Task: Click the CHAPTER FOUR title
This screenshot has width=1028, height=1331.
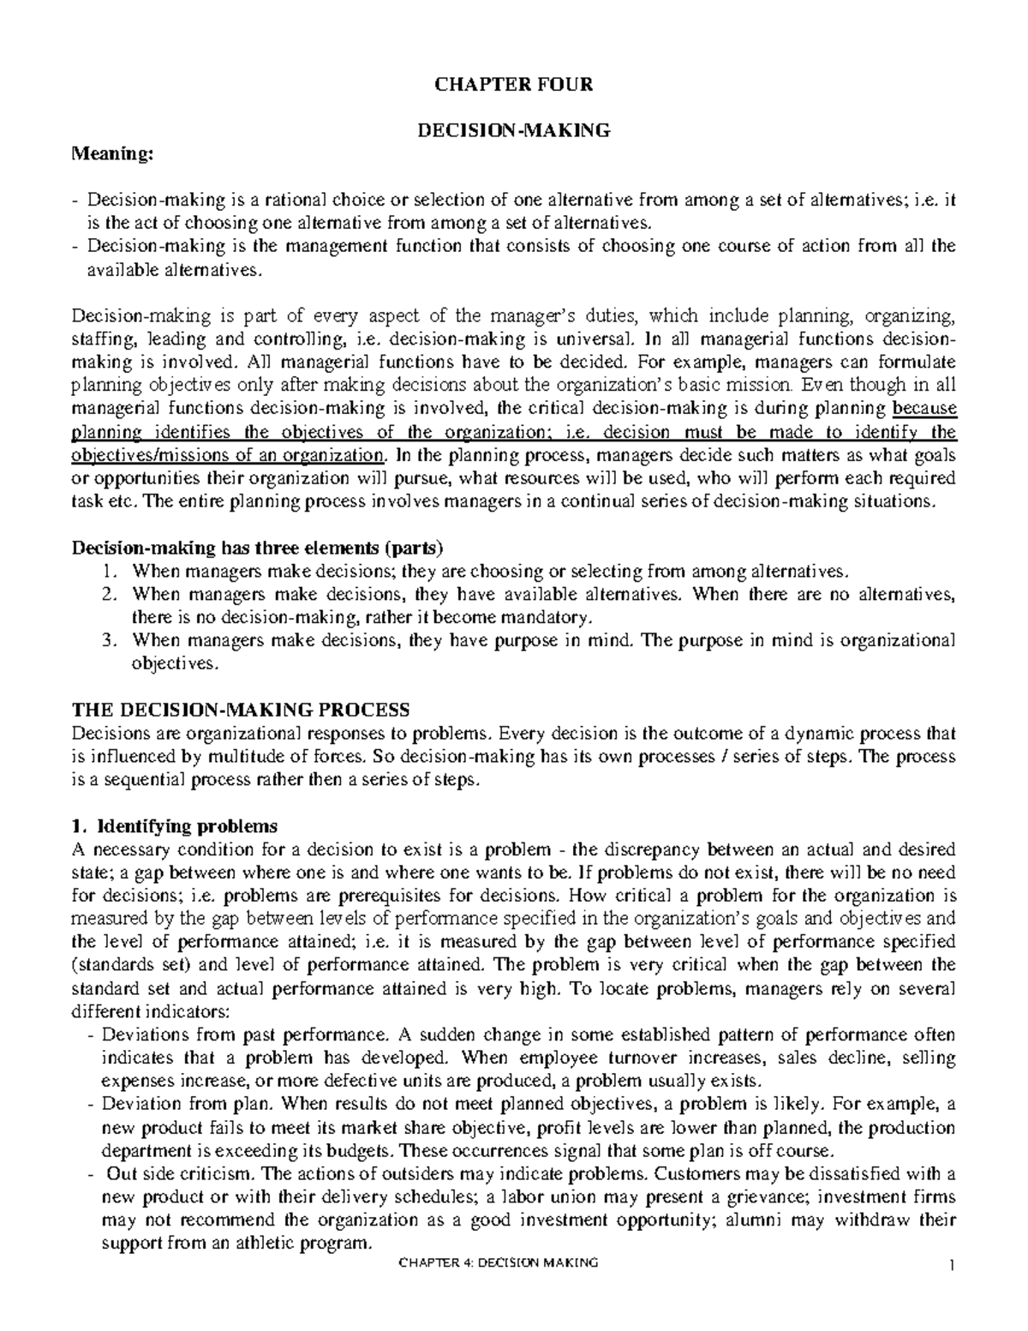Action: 513,85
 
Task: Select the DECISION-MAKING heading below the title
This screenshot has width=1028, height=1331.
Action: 513,131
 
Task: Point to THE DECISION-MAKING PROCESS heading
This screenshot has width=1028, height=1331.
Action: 242,710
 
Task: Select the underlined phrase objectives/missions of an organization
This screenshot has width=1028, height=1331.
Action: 230,454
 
